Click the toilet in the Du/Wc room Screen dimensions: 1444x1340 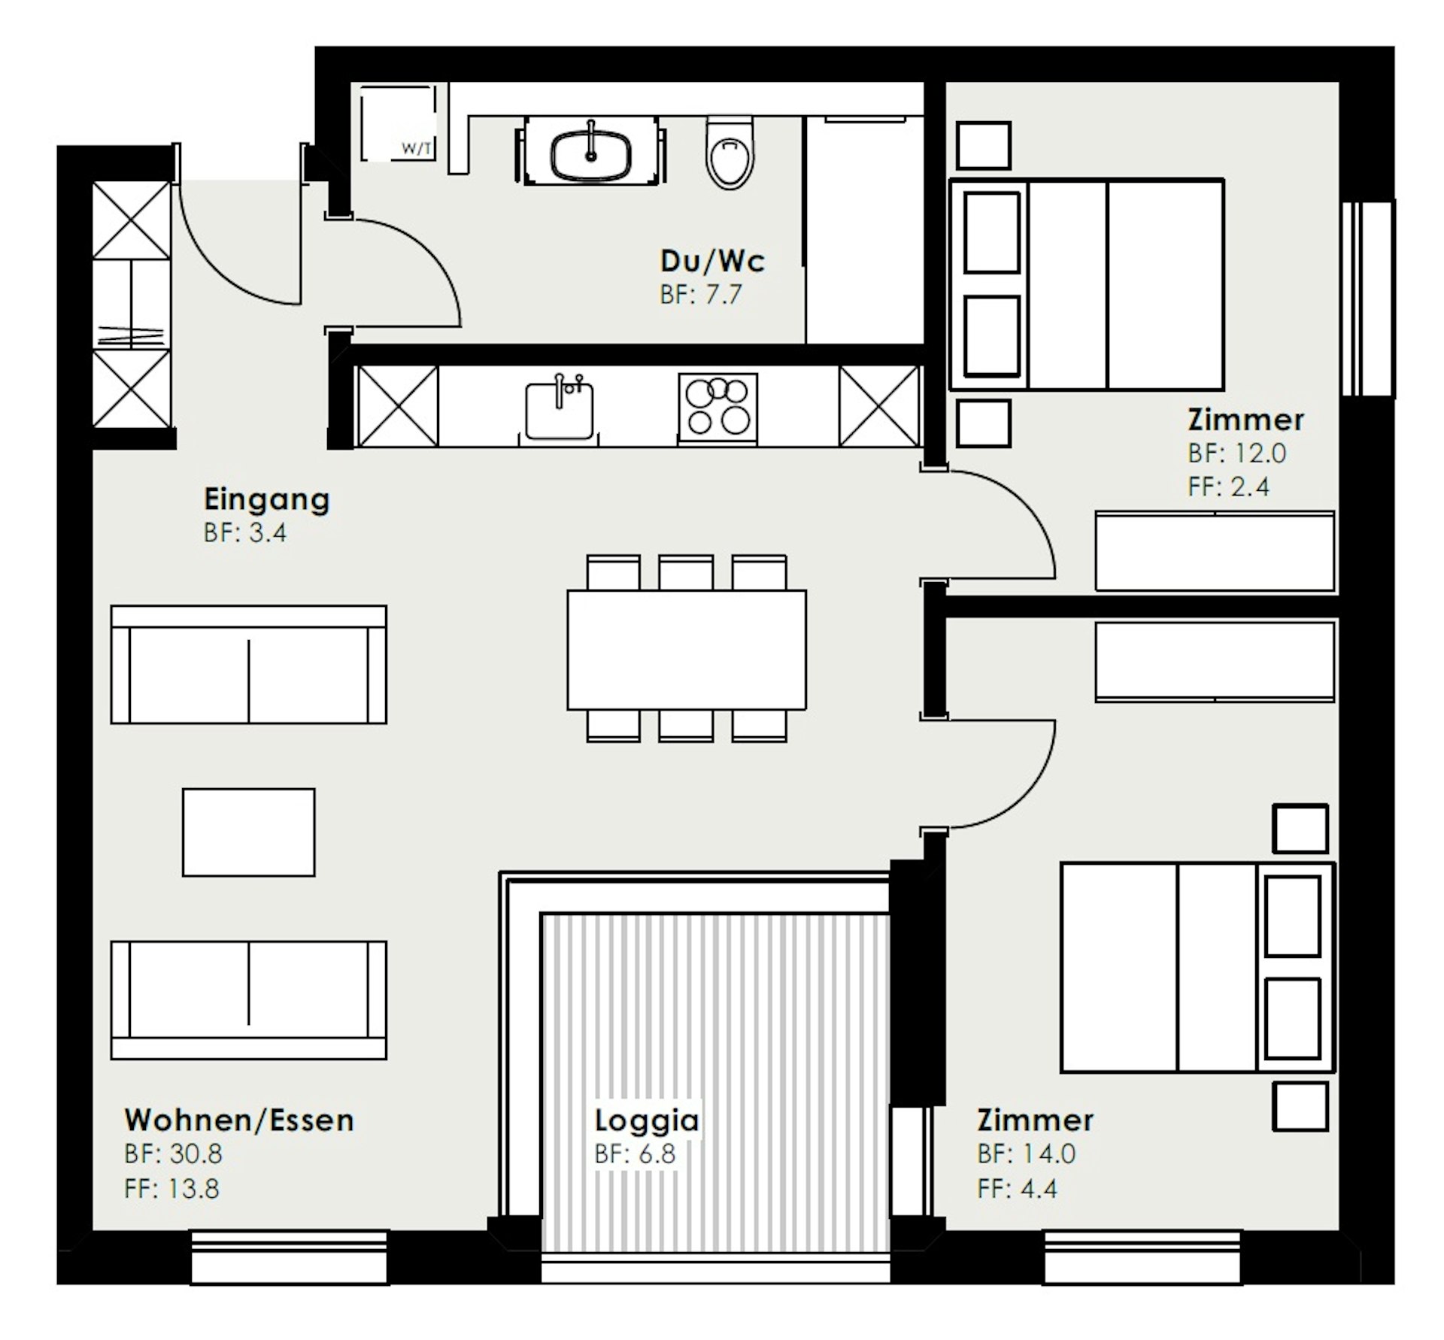point(730,153)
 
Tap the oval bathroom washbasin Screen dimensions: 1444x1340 point(591,156)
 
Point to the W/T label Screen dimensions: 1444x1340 point(417,149)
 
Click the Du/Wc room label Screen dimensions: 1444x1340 point(712,261)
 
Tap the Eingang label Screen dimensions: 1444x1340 point(267,500)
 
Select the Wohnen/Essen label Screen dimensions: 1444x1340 point(239,1120)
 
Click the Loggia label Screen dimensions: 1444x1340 point(647,1121)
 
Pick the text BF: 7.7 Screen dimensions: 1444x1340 point(701,295)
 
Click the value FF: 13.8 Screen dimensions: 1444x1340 point(171,1189)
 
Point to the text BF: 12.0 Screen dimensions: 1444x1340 point(1237,453)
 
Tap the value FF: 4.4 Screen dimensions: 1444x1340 point(1018,1189)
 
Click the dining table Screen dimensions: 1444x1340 point(687,650)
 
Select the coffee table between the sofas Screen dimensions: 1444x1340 point(249,832)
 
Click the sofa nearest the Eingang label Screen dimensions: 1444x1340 point(249,665)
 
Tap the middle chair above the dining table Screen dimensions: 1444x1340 point(686,572)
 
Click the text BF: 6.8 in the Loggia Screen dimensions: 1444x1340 point(636,1154)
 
